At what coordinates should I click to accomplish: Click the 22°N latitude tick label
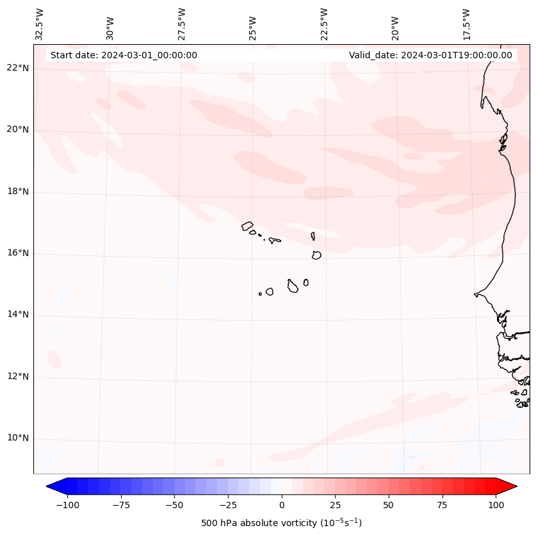pyautogui.click(x=18, y=68)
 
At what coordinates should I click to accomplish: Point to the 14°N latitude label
pyautogui.click(x=18, y=315)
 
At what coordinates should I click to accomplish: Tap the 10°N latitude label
pyautogui.click(x=18, y=438)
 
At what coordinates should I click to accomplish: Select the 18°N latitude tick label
pyautogui.click(x=18, y=192)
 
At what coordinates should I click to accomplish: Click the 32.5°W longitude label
pyautogui.click(x=40, y=24)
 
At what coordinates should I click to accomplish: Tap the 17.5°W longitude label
pyautogui.click(x=467, y=24)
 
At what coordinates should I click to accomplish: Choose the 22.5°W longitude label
pyautogui.click(x=325, y=24)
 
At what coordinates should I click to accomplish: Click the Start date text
pyautogui.click(x=124, y=55)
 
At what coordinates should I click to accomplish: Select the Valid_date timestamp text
pyautogui.click(x=430, y=55)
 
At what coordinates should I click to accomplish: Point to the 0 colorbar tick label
pyautogui.click(x=282, y=505)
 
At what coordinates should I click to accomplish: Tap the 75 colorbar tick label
pyautogui.click(x=442, y=505)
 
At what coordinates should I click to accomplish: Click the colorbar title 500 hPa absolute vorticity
pyautogui.click(x=281, y=523)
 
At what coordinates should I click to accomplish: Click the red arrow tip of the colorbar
pyautogui.click(x=515, y=487)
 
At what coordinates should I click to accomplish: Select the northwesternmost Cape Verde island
pyautogui.click(x=247, y=226)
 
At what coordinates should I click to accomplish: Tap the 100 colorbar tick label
pyautogui.click(x=496, y=505)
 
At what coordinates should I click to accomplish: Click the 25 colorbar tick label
pyautogui.click(x=335, y=505)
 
